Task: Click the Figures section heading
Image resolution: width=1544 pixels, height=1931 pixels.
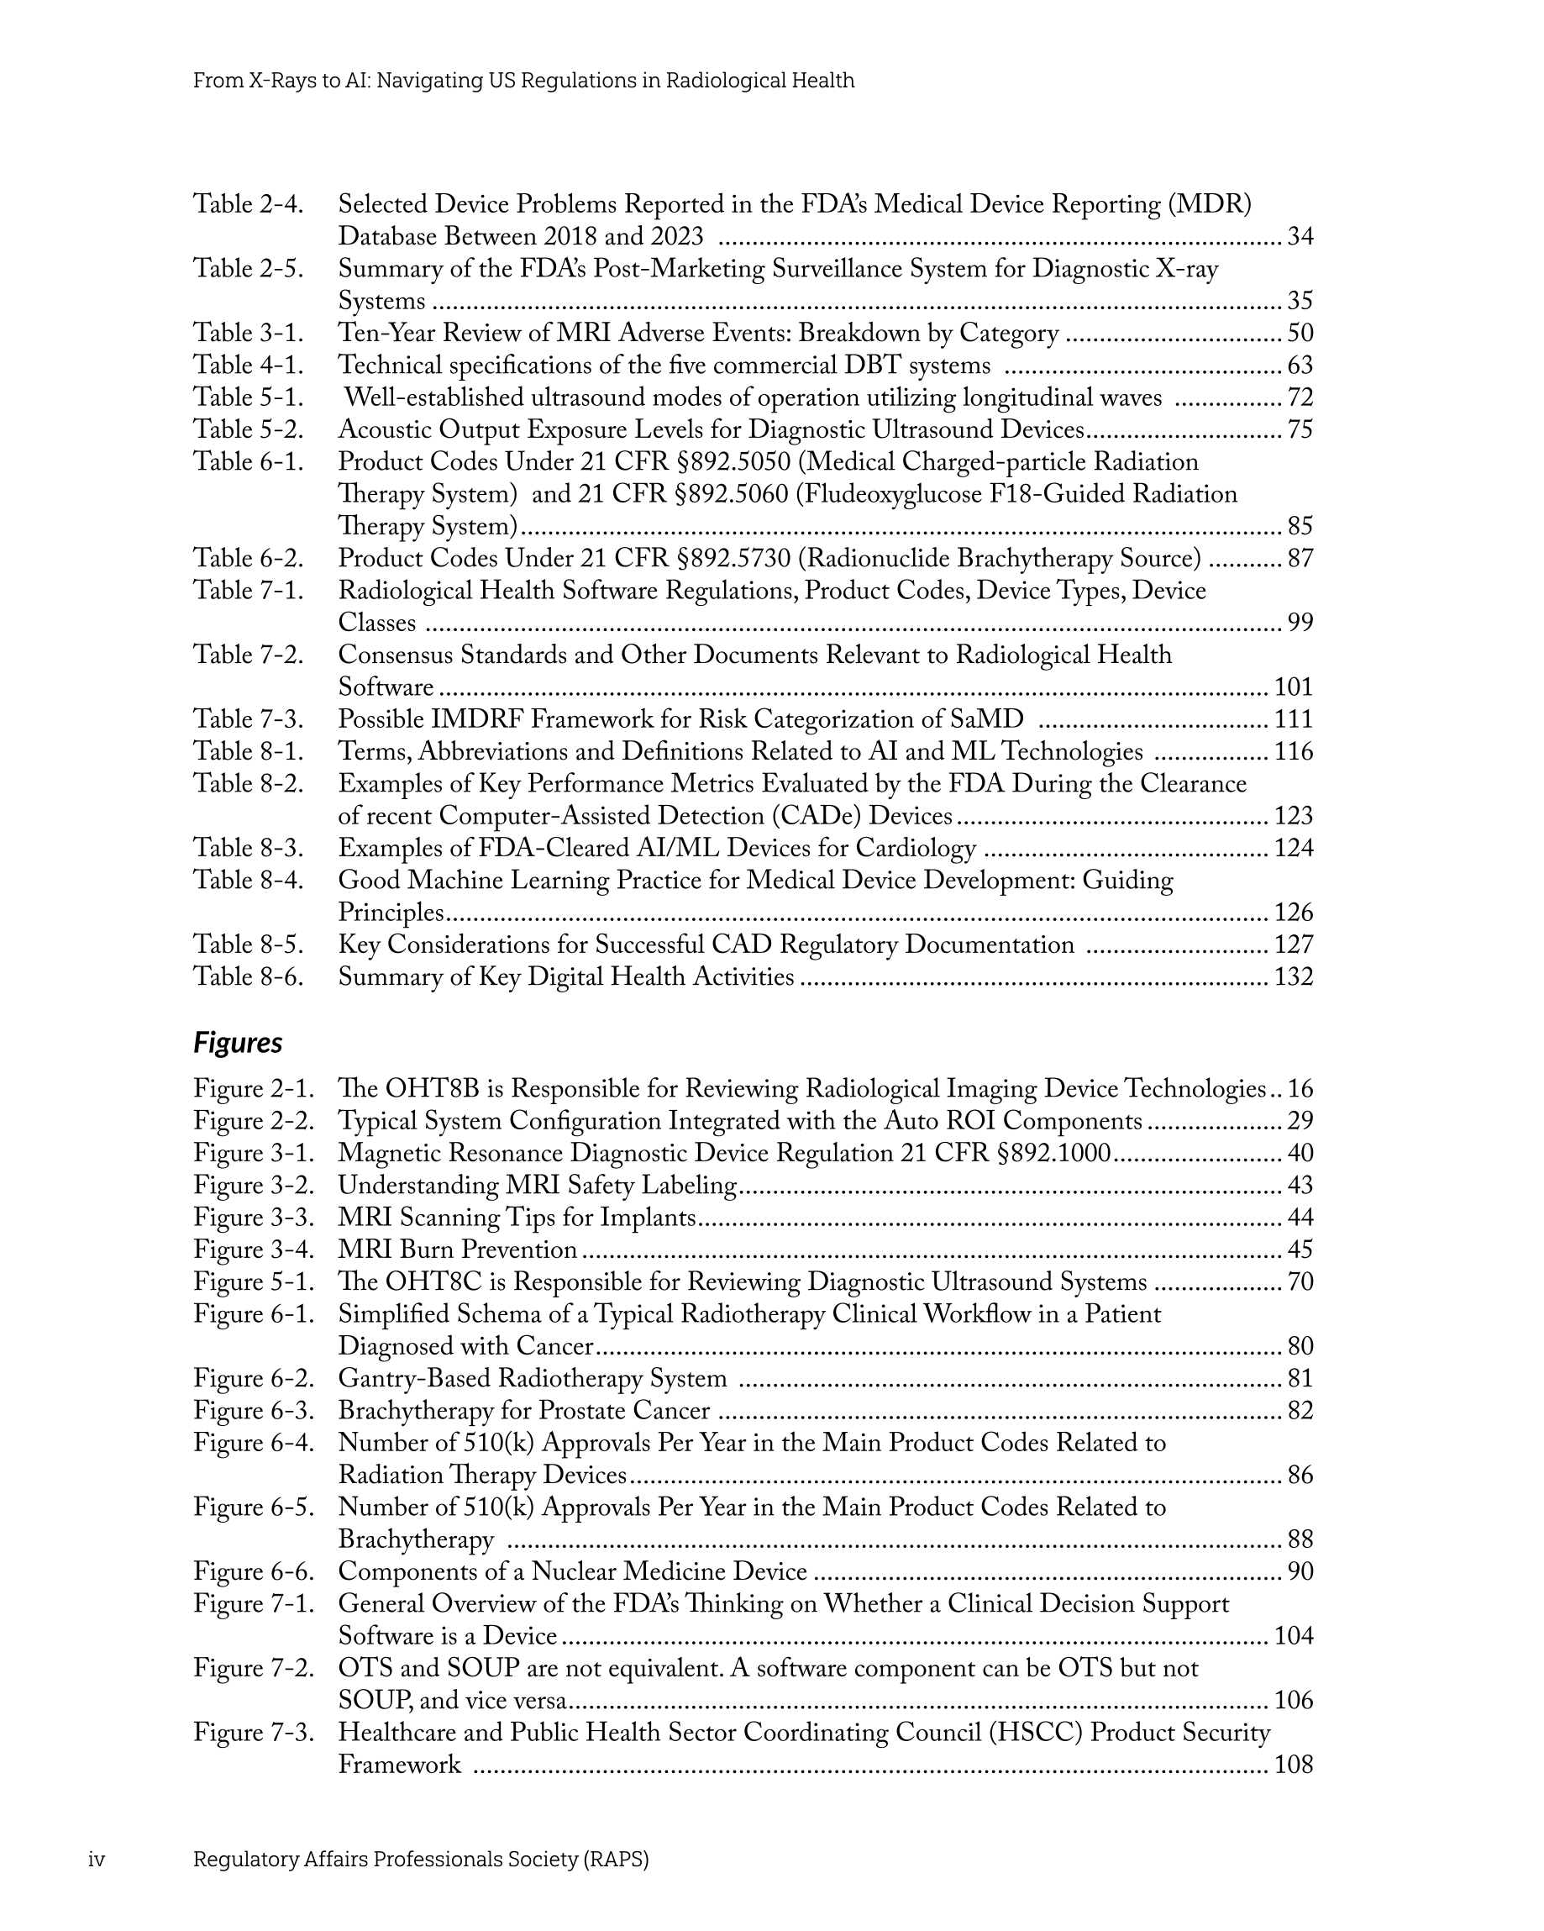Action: tap(238, 1043)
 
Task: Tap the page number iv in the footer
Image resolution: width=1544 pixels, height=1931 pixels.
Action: tap(97, 1860)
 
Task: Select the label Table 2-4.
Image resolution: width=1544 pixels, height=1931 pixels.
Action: tap(248, 204)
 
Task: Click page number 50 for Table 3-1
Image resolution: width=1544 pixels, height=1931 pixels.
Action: tap(1300, 334)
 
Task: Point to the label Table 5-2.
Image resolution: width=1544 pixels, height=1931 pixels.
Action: tap(248, 430)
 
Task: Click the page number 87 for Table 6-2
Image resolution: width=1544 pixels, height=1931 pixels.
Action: tap(1300, 559)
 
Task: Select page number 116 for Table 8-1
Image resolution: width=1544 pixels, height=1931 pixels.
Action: tap(1293, 751)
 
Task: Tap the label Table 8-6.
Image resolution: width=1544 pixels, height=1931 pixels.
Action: tap(248, 976)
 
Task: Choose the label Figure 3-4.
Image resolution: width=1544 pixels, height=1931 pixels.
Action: tap(254, 1250)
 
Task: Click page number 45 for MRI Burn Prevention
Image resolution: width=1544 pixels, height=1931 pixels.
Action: tap(1300, 1250)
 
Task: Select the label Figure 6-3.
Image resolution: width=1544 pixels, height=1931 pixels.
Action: tap(254, 1411)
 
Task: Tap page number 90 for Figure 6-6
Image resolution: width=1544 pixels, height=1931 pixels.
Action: tap(1300, 1571)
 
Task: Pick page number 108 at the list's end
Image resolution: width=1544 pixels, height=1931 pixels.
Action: tap(1293, 1765)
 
